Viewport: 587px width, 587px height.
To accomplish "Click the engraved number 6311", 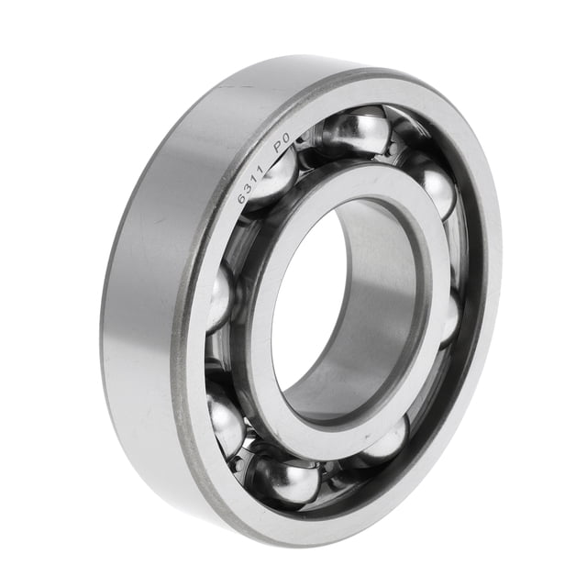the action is tap(252, 185).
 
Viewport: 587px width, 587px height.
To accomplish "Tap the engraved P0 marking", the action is tap(282, 143).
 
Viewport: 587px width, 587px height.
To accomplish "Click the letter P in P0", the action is tap(279, 147).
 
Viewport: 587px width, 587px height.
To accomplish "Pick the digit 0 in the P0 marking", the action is tap(286, 138).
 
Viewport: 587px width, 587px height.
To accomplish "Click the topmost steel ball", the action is tap(355, 129).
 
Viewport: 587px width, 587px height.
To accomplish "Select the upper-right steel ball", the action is tap(434, 187).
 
